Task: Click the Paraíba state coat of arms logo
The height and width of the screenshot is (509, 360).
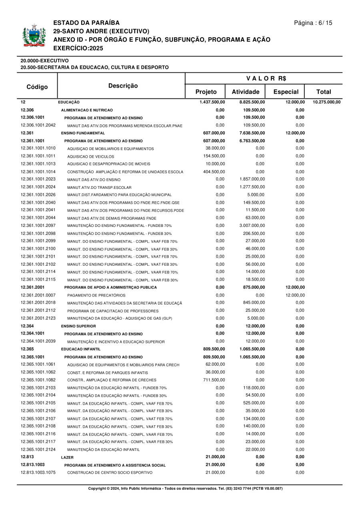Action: coord(32,36)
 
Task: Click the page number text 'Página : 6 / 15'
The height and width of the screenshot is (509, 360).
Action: coord(313,23)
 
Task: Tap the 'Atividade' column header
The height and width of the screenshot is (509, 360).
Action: coord(246,92)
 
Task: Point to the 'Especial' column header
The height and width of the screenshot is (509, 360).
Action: coord(286,92)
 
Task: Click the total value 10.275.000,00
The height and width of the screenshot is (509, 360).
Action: coord(326,102)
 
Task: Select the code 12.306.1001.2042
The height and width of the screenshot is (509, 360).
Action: coord(38,125)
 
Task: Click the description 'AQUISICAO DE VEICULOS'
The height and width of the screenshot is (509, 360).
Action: coord(90,156)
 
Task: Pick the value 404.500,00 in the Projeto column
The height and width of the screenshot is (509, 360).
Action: coord(214,172)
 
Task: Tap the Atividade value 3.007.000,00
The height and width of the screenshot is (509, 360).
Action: coord(252,226)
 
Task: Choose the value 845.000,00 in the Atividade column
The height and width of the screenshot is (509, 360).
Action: coord(254,303)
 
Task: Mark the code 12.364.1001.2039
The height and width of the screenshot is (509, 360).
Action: coord(38,341)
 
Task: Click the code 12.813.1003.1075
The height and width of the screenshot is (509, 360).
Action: coord(38,473)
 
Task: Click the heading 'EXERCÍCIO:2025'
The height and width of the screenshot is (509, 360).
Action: coord(78,48)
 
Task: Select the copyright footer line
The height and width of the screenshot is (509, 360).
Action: coord(185,489)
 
